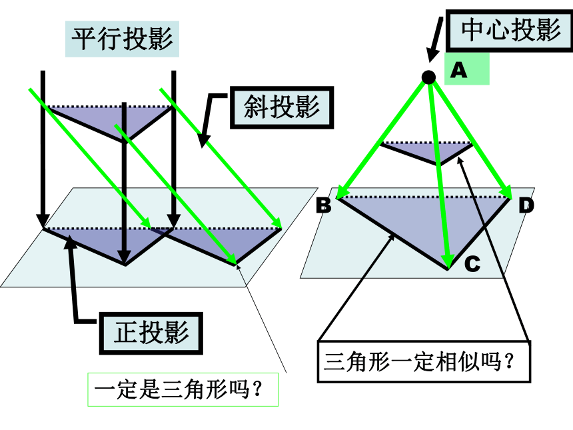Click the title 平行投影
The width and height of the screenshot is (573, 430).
click(x=122, y=39)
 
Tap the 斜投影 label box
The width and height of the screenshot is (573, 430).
click(x=282, y=107)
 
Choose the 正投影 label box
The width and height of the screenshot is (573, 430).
click(x=151, y=333)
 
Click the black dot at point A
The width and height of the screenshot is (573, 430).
click(x=428, y=77)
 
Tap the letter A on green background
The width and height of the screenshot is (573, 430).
click(x=458, y=69)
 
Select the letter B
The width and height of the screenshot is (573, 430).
click(x=324, y=205)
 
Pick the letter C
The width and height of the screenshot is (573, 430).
click(x=472, y=263)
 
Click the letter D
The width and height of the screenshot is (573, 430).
click(x=526, y=205)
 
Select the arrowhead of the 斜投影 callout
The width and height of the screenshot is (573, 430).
click(x=203, y=141)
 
